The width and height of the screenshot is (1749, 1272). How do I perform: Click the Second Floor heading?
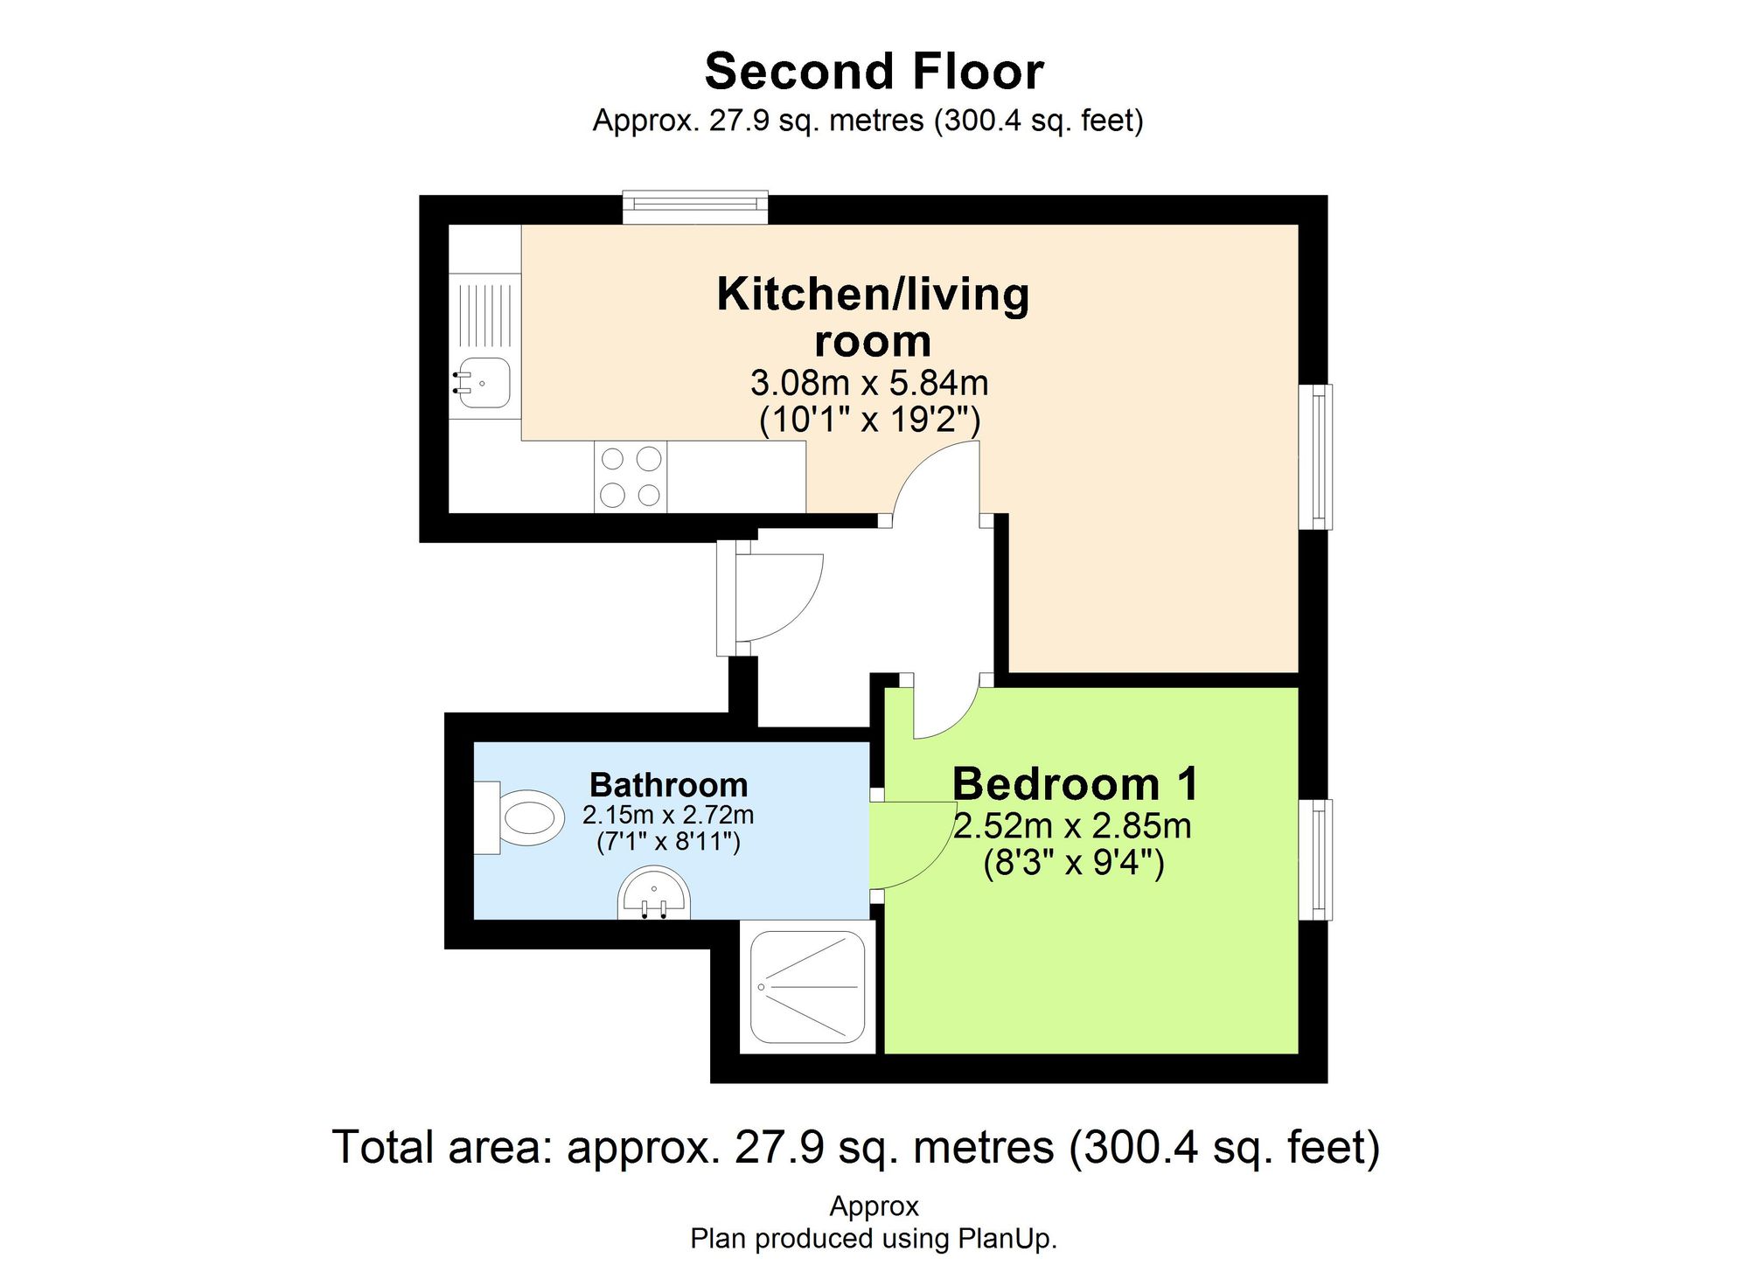click(x=874, y=72)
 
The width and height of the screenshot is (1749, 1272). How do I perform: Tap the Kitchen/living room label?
click(x=873, y=316)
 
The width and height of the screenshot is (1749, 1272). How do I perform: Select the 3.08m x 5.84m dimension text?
click(x=869, y=383)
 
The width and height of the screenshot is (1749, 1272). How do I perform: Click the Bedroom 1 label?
click(x=1075, y=783)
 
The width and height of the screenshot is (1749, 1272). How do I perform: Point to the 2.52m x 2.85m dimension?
click(x=1072, y=826)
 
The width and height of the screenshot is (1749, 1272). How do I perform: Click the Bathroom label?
click(x=668, y=785)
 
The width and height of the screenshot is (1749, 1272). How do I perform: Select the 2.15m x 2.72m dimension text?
click(x=668, y=815)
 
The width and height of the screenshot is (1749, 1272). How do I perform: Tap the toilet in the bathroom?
click(x=523, y=818)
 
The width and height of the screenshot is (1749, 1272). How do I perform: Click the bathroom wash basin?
click(x=654, y=895)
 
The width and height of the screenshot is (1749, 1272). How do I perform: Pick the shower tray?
click(x=808, y=987)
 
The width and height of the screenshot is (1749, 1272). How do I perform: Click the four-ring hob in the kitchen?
click(x=631, y=477)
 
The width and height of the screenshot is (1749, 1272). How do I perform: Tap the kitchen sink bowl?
click(x=484, y=383)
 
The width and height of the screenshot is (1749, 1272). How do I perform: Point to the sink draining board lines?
click(x=484, y=313)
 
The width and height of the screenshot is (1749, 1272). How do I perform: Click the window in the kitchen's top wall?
click(x=695, y=206)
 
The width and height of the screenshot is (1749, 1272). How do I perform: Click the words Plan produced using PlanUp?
click(x=874, y=1239)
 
